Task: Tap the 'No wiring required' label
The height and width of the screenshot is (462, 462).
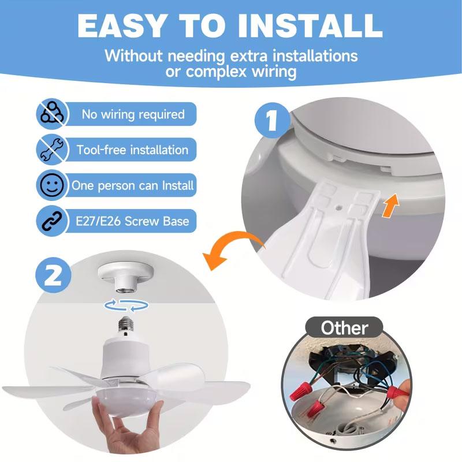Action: (x=133, y=114)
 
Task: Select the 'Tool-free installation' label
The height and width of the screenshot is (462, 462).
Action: (x=132, y=150)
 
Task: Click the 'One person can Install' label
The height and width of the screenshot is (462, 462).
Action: (x=132, y=186)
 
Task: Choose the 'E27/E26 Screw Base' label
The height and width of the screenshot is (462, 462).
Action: (x=132, y=221)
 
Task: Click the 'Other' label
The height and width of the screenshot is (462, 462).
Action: (x=344, y=329)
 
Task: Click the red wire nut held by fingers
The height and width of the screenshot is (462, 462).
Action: (x=397, y=393)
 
